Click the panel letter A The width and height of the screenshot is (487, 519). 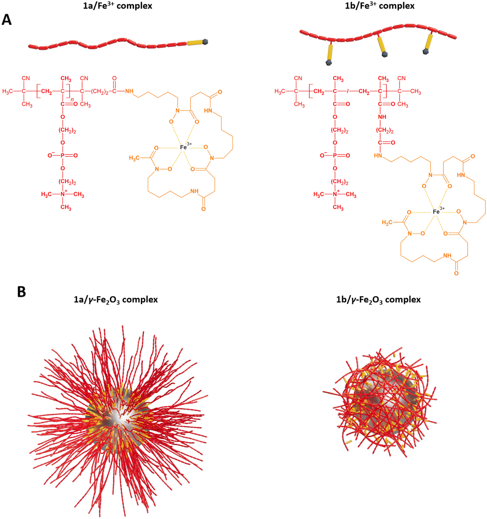[6, 20]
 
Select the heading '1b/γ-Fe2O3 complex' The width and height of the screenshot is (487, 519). [378, 300]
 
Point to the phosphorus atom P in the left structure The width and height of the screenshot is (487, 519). [62, 155]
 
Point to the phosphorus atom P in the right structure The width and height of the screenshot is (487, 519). [335, 155]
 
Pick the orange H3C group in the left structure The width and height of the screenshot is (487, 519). [136, 158]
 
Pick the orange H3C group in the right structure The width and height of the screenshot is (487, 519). [389, 223]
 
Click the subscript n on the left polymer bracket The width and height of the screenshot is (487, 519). [73, 100]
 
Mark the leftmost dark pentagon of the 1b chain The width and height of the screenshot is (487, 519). [328, 63]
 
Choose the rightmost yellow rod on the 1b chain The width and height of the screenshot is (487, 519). [429, 42]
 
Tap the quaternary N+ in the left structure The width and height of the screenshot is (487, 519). [63, 195]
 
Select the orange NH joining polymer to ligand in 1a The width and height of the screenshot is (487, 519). [129, 91]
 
